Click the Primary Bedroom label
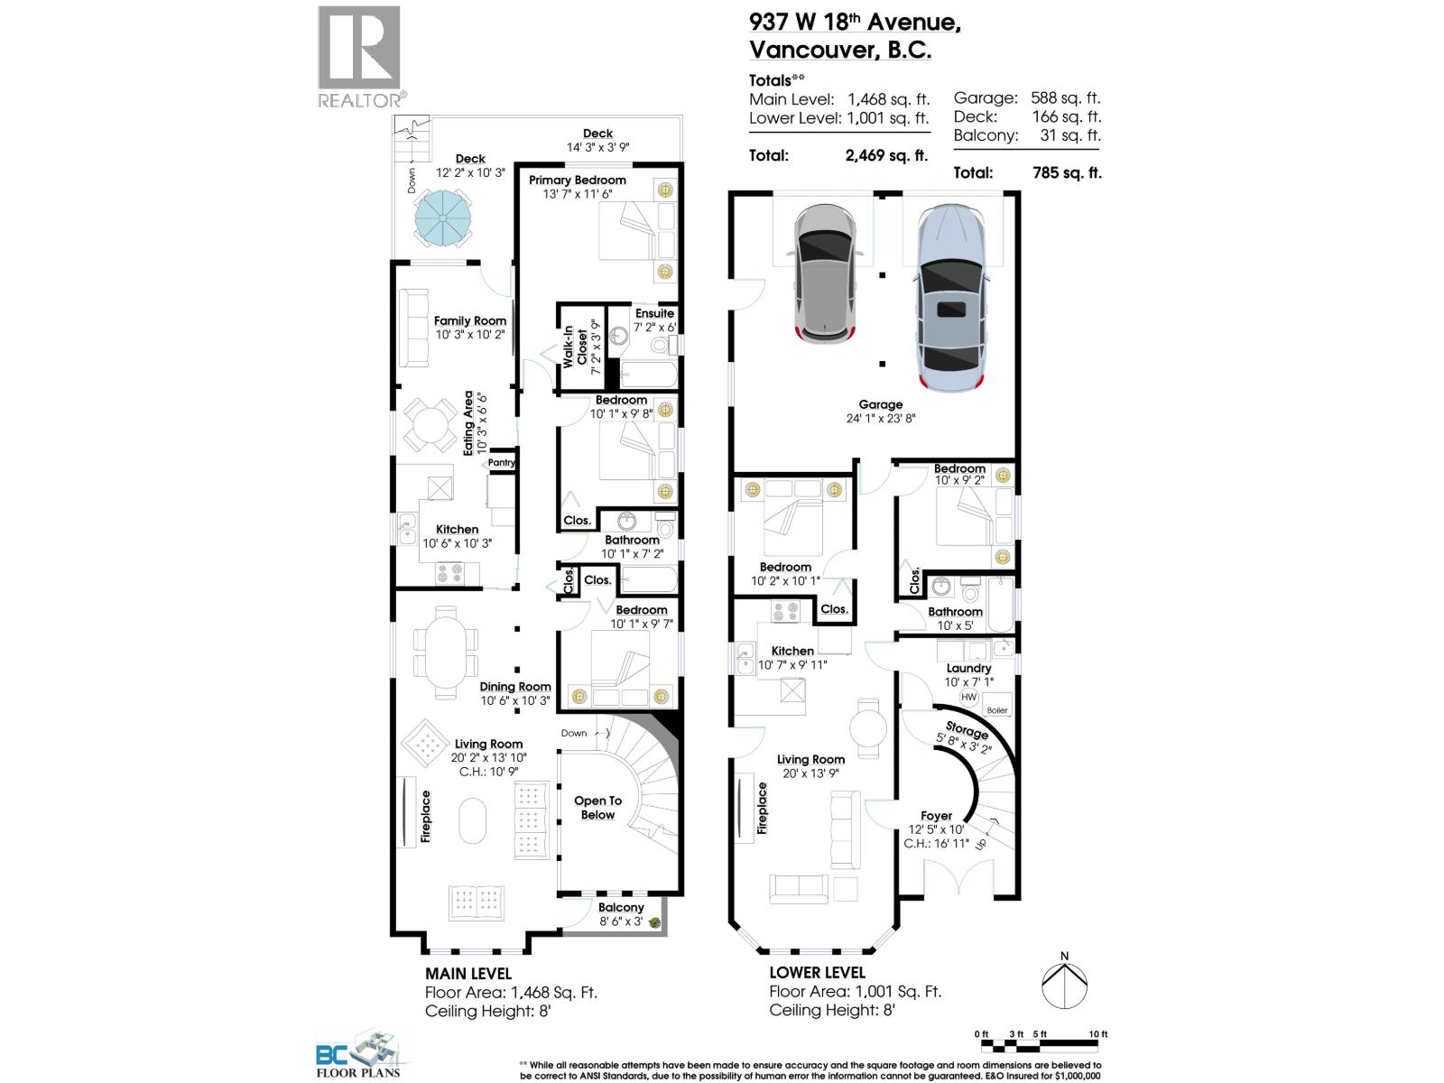click(577, 180)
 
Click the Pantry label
click(501, 463)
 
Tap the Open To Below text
click(597, 808)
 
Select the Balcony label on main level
click(621, 908)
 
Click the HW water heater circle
click(968, 698)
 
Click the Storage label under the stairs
click(967, 731)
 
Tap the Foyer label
click(937, 816)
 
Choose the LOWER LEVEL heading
click(817, 973)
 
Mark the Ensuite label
click(654, 313)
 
